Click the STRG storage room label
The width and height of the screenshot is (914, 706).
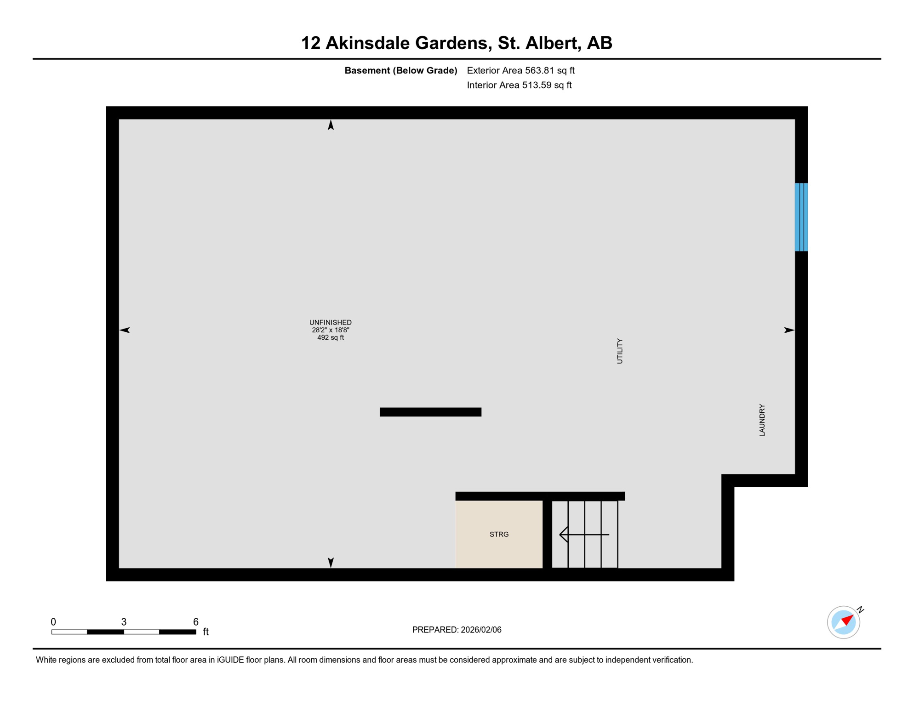[499, 535]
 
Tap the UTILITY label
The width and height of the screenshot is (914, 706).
[620, 351]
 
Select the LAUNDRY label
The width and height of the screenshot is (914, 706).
[762, 420]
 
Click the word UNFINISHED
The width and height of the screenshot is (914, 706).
[330, 323]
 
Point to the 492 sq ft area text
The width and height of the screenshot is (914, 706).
[330, 338]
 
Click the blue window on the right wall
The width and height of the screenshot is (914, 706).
[801, 217]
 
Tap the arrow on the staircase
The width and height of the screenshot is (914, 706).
[584, 535]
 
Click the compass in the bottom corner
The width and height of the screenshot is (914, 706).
[844, 622]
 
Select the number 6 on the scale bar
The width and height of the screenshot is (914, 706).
[196, 622]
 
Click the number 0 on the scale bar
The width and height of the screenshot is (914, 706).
[53, 622]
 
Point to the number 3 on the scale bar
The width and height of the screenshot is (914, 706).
[124, 622]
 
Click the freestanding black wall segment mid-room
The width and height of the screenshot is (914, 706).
[430, 412]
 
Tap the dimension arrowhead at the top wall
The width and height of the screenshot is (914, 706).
[331, 125]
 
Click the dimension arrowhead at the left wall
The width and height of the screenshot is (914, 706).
[125, 330]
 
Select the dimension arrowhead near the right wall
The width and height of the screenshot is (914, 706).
[789, 330]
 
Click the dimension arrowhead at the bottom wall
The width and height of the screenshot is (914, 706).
[331, 562]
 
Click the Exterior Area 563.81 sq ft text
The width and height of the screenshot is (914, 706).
[520, 70]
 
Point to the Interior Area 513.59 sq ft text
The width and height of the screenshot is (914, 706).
[519, 85]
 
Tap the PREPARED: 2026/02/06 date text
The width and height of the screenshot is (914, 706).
[457, 630]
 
